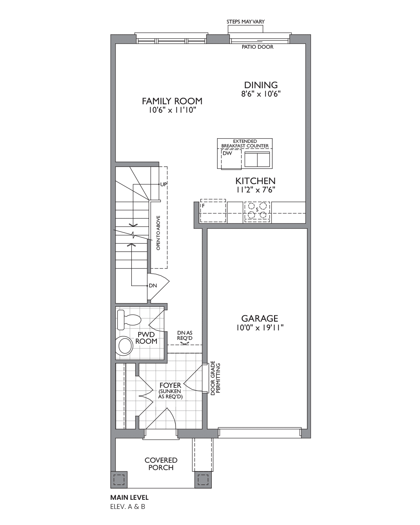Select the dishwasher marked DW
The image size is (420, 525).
tap(231, 160)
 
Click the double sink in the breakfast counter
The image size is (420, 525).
tap(257, 159)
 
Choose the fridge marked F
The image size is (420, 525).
tap(212, 211)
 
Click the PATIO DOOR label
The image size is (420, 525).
tap(258, 47)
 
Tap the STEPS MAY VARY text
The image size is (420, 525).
tap(245, 22)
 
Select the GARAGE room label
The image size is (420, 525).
tap(260, 318)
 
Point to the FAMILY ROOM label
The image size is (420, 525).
tap(172, 101)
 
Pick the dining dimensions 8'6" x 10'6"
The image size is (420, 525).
tap(261, 94)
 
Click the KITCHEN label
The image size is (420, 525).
tap(255, 181)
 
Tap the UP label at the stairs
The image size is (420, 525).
tap(163, 184)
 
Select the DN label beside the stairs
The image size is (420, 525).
tap(153, 286)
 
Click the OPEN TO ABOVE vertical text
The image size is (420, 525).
tap(158, 233)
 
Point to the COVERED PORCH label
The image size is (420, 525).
tap(161, 464)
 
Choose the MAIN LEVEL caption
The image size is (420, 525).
tap(129, 497)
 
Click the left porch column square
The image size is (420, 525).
tap(119, 479)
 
